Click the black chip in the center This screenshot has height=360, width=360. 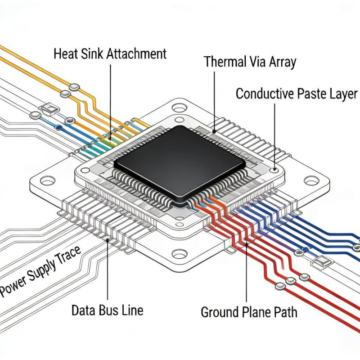180,162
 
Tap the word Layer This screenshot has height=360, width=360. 344,94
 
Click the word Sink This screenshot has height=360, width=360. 90,54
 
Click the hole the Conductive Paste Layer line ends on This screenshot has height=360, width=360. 274,171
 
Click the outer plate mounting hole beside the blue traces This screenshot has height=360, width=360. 310,181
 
